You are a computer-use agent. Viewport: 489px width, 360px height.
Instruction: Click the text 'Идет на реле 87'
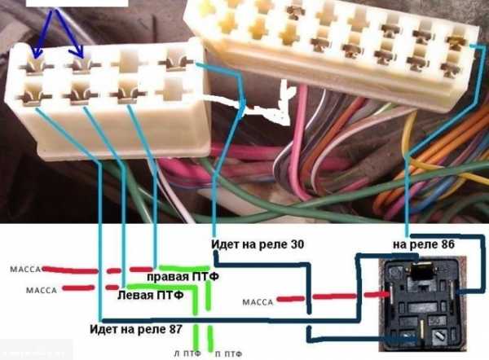pos(138,329)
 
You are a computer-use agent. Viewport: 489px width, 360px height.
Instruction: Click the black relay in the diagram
pos(420,301)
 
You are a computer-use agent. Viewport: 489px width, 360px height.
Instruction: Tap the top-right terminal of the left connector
pos(172,59)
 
